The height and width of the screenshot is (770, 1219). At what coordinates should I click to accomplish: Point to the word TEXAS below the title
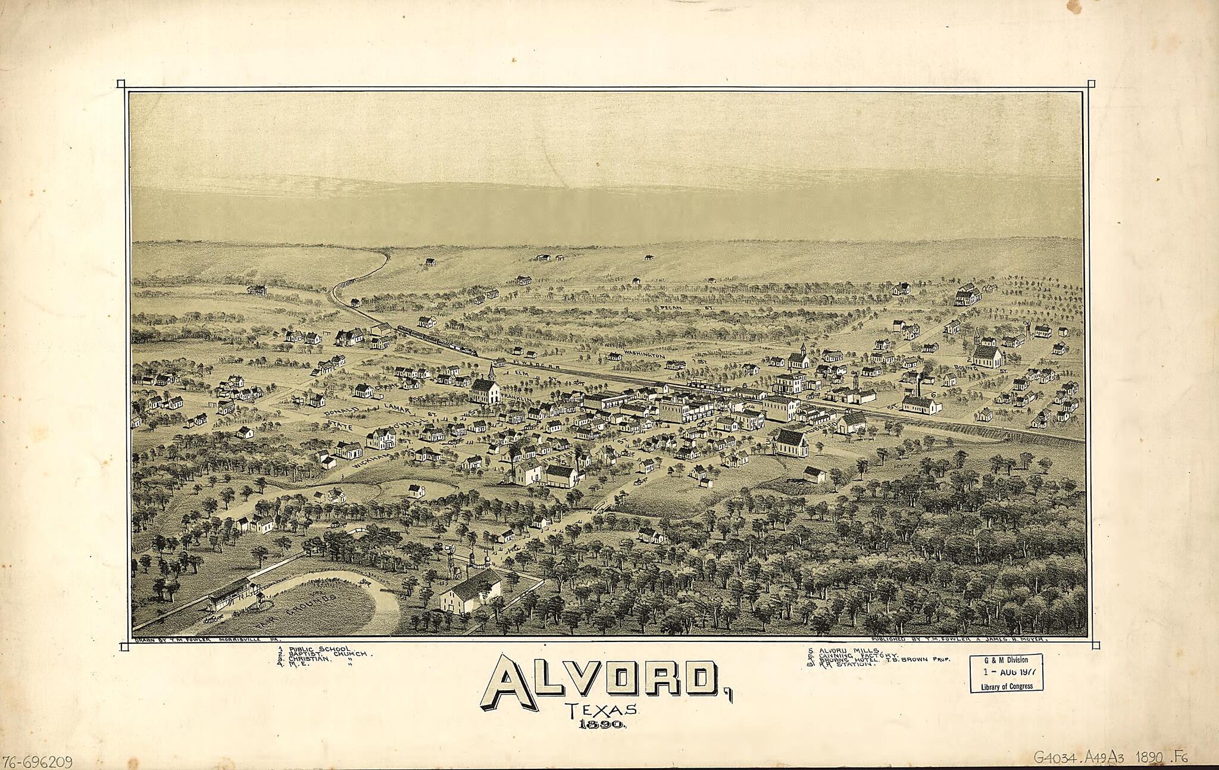[x=602, y=710]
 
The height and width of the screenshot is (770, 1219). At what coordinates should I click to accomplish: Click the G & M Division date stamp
[x=1006, y=673]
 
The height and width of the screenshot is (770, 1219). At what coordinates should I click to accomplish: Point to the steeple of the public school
[x=492, y=372]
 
